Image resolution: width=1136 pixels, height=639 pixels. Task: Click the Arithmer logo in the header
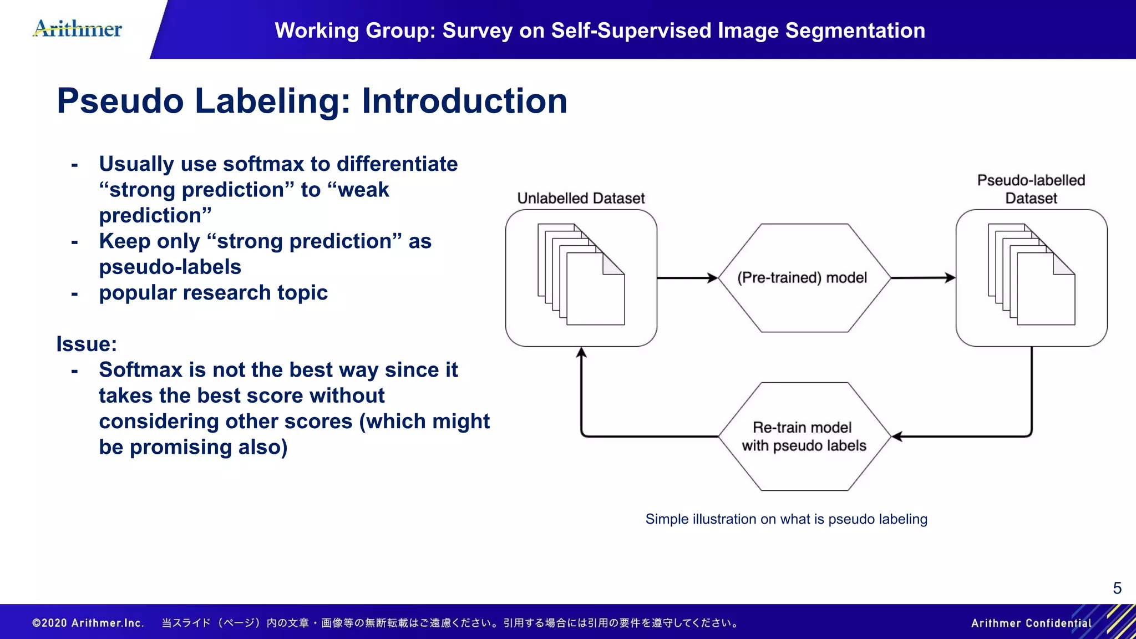tap(78, 29)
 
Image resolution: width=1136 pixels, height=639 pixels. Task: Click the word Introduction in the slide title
tap(464, 101)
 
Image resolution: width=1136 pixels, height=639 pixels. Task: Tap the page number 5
tap(1117, 588)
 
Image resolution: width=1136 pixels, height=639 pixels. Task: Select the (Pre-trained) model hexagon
tap(803, 278)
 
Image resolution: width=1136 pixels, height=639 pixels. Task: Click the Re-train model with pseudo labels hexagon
tap(803, 437)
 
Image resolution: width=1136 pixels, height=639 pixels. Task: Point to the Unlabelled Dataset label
tap(581, 199)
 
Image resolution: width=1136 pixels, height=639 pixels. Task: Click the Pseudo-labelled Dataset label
tap(1031, 189)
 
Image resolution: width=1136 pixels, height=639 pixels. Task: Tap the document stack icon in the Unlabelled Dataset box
tap(581, 275)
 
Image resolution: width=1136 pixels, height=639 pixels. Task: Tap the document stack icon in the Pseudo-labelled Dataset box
tap(1031, 275)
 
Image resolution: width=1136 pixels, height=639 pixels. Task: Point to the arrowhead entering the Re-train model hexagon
tap(897, 437)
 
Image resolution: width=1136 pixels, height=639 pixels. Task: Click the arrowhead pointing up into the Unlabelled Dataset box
tap(581, 353)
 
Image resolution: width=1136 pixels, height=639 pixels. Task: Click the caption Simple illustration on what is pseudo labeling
tap(786, 519)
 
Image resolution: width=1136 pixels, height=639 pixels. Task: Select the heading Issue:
tap(87, 344)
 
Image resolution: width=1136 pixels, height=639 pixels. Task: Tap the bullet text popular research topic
tap(213, 293)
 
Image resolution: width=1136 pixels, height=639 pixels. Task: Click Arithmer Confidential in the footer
tap(1031, 623)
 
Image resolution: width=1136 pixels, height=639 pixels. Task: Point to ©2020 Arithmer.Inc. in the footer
tap(88, 623)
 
